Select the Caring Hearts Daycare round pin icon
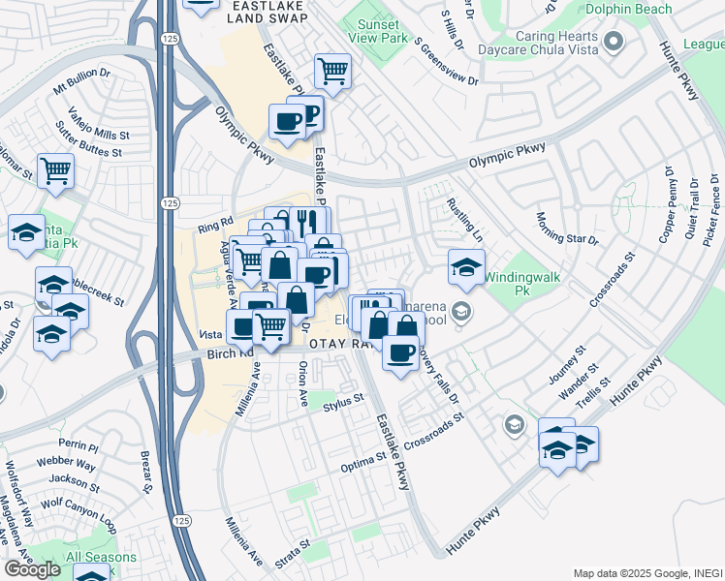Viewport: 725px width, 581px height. (613, 42)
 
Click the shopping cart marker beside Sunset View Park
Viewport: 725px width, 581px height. (332, 71)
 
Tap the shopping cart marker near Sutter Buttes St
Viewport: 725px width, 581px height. (55, 171)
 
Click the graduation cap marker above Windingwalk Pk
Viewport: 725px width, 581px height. (466, 266)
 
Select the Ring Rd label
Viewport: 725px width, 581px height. (214, 227)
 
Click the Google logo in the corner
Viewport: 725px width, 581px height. (32, 568)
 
